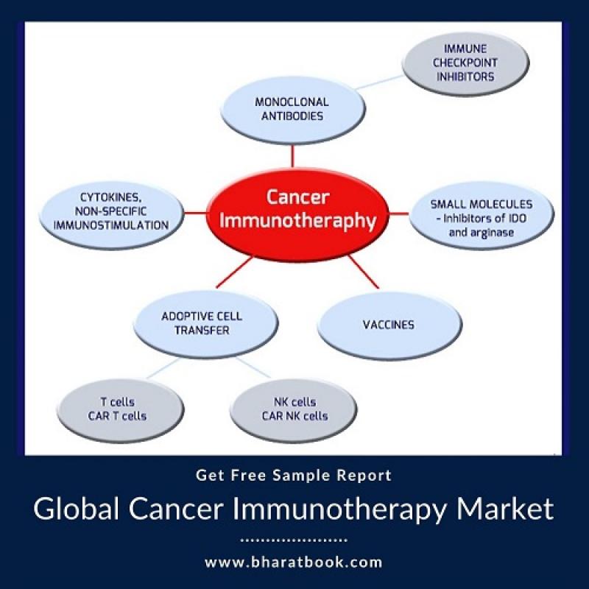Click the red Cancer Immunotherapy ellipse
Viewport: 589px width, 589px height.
pyautogui.click(x=297, y=214)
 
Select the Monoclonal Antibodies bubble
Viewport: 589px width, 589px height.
pyautogui.click(x=292, y=110)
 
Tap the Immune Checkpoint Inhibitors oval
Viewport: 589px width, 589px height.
pyautogui.click(x=465, y=63)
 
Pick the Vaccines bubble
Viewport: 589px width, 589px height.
pyautogui.click(x=389, y=325)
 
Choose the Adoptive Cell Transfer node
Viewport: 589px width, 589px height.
pyautogui.click(x=206, y=324)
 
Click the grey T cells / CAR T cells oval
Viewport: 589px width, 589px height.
pyautogui.click(x=121, y=410)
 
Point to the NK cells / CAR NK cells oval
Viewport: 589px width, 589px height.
pyautogui.click(x=293, y=410)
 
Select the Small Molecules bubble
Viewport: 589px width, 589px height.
pyautogui.click(x=482, y=215)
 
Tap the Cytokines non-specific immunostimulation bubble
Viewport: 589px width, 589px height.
pyautogui.click(x=112, y=215)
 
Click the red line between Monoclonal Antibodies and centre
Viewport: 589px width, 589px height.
pyautogui.click(x=292, y=157)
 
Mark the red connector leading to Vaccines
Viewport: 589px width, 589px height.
pyautogui.click(x=364, y=272)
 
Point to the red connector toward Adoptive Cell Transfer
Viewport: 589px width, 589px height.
pyautogui.click(x=234, y=272)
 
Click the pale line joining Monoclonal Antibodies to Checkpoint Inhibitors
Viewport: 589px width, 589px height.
pyautogui.click(x=379, y=82)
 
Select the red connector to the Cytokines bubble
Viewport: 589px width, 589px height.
pyautogui.click(x=195, y=214)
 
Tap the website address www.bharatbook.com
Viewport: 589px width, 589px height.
pyautogui.click(x=293, y=562)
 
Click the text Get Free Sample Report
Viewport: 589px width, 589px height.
pyautogui.click(x=294, y=476)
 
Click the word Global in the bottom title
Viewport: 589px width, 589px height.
pyautogui.click(x=77, y=509)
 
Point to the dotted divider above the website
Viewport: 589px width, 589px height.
pyautogui.click(x=294, y=540)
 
